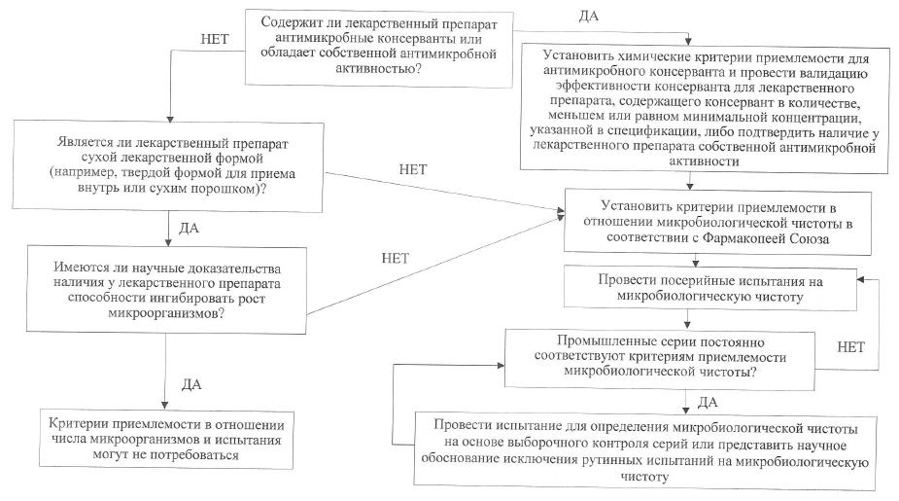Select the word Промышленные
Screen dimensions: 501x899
[x=599, y=341]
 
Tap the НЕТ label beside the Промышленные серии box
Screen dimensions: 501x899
[x=851, y=345]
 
